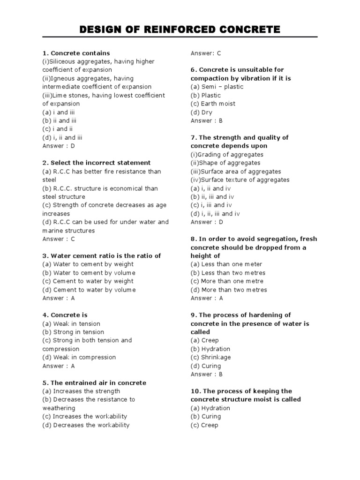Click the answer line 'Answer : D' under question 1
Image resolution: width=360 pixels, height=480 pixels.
click(59, 146)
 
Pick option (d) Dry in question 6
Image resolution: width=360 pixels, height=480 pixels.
click(202, 112)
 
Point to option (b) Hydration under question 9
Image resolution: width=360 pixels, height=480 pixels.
click(210, 349)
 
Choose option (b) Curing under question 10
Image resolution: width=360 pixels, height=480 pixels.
click(206, 416)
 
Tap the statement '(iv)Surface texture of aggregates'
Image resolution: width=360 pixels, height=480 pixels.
click(240, 180)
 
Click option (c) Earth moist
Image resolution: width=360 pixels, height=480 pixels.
click(213, 104)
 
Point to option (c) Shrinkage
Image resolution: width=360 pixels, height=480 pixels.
click(210, 357)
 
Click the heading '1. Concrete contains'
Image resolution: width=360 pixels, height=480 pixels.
click(76, 53)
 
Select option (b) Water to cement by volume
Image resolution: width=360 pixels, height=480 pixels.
click(89, 273)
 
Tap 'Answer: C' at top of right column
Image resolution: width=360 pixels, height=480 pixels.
click(206, 53)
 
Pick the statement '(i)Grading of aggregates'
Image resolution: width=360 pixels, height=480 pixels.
click(227, 155)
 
